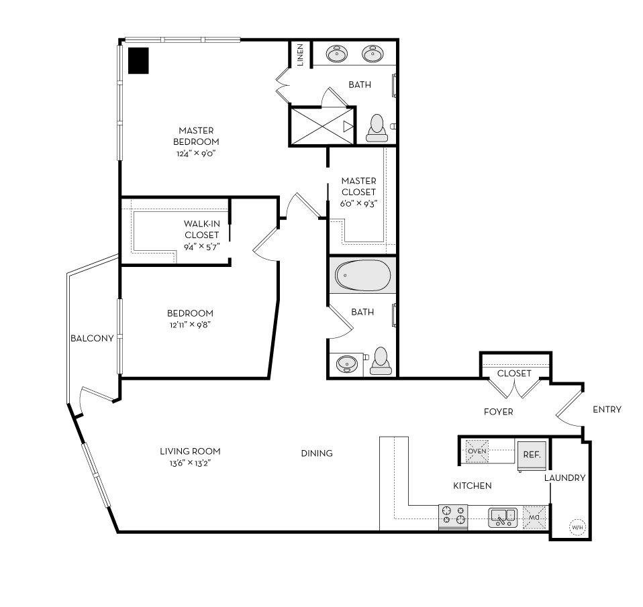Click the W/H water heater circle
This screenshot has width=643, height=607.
click(x=577, y=527)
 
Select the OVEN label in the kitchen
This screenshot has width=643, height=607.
click(x=477, y=451)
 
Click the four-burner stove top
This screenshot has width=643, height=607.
click(x=453, y=515)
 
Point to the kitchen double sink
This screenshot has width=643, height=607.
click(x=502, y=516)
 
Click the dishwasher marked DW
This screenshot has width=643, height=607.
click(x=535, y=516)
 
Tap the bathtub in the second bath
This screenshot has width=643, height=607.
click(x=362, y=275)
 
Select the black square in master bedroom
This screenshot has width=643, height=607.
click(x=139, y=61)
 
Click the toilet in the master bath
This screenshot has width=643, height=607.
click(x=377, y=127)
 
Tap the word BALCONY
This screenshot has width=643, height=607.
click(x=92, y=339)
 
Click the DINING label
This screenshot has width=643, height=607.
click(x=317, y=453)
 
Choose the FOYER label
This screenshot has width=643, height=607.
click(x=498, y=412)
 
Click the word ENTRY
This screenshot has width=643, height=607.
click(x=607, y=410)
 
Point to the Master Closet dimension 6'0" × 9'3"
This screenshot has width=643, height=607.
click(x=358, y=203)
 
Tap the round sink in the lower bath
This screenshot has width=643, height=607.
click(x=347, y=364)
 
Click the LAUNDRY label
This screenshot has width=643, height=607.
click(x=564, y=478)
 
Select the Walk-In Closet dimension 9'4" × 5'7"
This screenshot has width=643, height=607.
click(x=201, y=246)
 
